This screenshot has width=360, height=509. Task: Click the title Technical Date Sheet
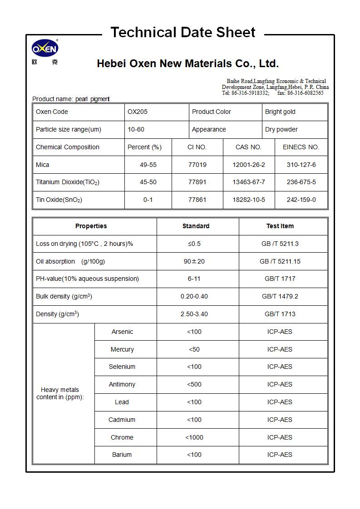coord(183,33)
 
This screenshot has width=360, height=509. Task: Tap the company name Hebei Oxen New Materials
coord(187,64)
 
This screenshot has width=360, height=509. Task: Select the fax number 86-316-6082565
coord(305,93)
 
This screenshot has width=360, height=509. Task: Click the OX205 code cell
coord(138,112)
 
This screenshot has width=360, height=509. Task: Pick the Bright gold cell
coord(280,112)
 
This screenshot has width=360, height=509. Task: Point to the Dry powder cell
coord(281,130)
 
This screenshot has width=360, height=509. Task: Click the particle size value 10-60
coord(136,130)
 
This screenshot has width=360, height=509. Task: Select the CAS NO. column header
coord(248,147)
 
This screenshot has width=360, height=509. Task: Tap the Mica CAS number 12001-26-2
coord(248,165)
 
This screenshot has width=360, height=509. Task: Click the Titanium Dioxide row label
coord(68,182)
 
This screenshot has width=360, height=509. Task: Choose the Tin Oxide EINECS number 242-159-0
coord(301,200)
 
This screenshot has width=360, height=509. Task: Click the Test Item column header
coord(280,226)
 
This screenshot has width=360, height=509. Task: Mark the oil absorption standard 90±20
coord(194,262)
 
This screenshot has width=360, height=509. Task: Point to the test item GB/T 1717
coord(280,279)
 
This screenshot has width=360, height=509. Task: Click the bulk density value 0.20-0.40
coord(194,297)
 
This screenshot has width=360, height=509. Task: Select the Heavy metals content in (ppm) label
coord(60,393)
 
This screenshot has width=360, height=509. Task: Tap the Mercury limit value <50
coord(194,350)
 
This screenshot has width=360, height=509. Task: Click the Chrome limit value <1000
coord(194,438)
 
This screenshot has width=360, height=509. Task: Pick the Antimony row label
coord(122,385)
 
